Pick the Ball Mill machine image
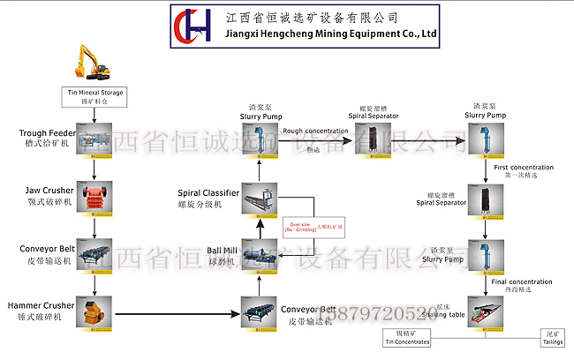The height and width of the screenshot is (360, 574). (259, 256)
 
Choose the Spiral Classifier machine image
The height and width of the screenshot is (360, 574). (259, 198)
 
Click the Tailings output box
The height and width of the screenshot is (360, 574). (555, 339)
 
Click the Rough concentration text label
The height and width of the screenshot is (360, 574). (315, 131)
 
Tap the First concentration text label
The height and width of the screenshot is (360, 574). (523, 167)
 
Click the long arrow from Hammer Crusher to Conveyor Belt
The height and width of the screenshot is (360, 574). (177, 314)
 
